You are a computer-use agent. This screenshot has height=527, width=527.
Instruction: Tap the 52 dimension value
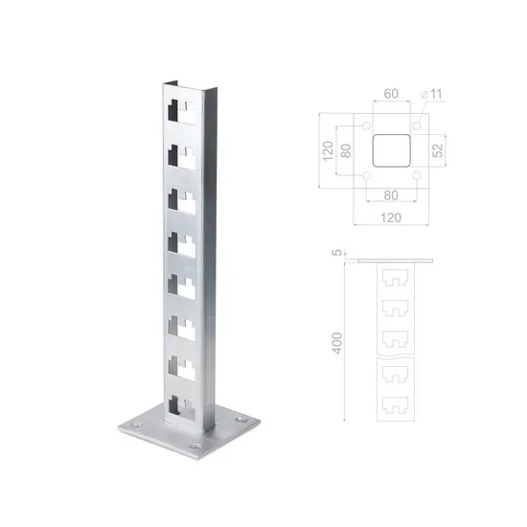[438, 150]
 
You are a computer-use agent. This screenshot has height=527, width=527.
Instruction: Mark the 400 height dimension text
[334, 343]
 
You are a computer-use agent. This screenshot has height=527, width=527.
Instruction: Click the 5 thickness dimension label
[334, 254]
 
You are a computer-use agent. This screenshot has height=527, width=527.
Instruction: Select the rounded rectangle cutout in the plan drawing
[391, 151]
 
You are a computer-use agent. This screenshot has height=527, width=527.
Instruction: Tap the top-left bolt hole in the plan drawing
[368, 126]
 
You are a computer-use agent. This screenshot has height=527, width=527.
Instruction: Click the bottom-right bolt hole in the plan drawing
[417, 177]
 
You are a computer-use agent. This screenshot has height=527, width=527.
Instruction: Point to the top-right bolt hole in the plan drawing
[417, 126]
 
